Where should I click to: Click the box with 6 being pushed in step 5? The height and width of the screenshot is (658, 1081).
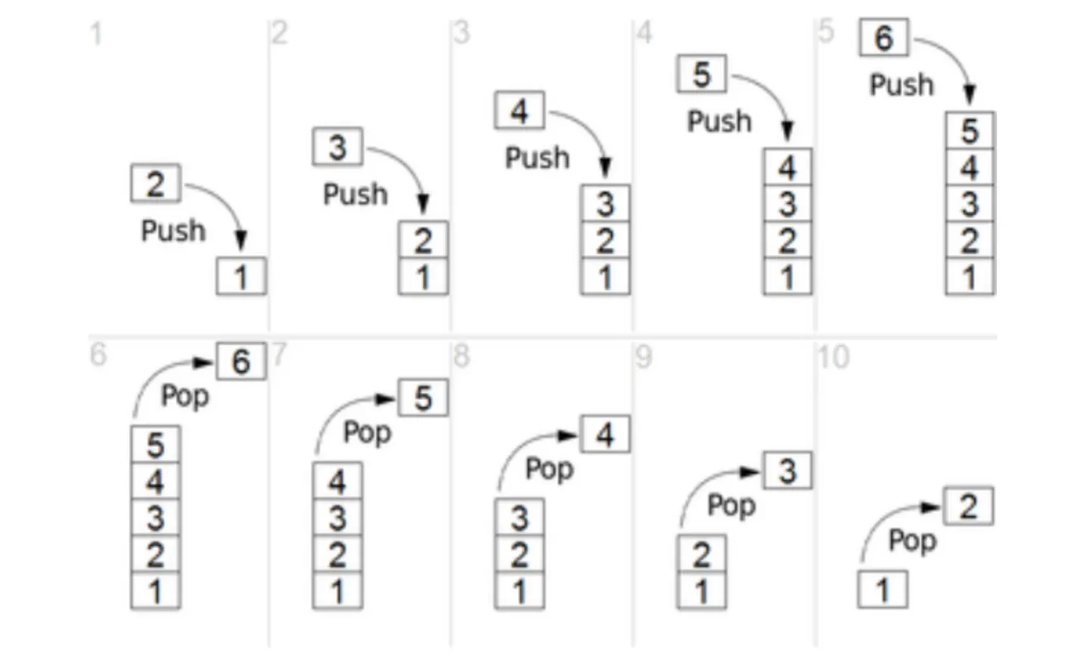tap(883, 38)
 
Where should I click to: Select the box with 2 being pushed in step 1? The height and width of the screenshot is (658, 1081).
tap(155, 184)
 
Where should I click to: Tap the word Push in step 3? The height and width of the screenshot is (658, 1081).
tap(537, 158)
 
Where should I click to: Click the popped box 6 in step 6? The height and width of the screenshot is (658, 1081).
tap(241, 362)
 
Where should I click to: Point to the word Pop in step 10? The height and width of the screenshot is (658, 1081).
tap(912, 541)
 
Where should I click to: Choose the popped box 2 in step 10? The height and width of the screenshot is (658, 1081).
tap(968, 507)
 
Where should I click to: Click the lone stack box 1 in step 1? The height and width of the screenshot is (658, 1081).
tap(241, 277)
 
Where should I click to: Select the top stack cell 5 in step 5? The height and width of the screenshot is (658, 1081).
tap(970, 131)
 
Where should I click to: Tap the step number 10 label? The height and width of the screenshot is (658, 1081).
tap(833, 357)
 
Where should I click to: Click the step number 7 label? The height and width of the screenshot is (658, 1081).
tap(279, 354)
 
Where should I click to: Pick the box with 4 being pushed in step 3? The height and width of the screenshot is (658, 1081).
tap(519, 111)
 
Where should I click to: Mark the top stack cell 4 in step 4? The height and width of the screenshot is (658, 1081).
tap(787, 167)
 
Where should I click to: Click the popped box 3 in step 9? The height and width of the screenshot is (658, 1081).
tap(787, 471)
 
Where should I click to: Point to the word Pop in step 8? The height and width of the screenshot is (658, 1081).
tap(550, 469)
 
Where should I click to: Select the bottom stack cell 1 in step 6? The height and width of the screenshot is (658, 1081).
tap(155, 591)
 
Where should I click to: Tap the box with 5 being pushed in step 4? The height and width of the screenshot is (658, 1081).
tap(701, 74)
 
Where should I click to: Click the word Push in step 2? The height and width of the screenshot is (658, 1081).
tap(355, 194)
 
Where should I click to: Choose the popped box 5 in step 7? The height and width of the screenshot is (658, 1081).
tap(423, 398)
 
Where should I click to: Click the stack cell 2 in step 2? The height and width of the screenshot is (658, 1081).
tap(423, 241)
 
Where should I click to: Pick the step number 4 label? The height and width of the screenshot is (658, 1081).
tap(644, 33)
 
